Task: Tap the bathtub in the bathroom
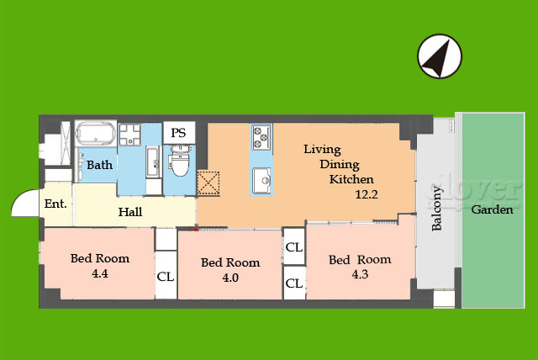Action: [95, 134]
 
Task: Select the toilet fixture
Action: [179, 160]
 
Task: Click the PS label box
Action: [179, 132]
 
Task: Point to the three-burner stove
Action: [261, 136]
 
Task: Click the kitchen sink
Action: [261, 180]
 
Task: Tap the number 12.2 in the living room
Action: [367, 194]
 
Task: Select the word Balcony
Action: [436, 208]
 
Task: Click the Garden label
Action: [493, 209]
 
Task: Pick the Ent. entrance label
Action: [55, 204]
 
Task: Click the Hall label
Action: [130, 212]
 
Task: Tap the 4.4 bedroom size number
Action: [100, 273]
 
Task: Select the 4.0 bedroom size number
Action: [230, 278]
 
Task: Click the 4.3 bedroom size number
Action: [360, 274]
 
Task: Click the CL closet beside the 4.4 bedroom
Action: [166, 276]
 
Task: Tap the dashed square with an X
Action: [208, 183]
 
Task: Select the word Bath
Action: [99, 165]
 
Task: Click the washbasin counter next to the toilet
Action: [153, 161]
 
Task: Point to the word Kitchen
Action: [351, 179]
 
